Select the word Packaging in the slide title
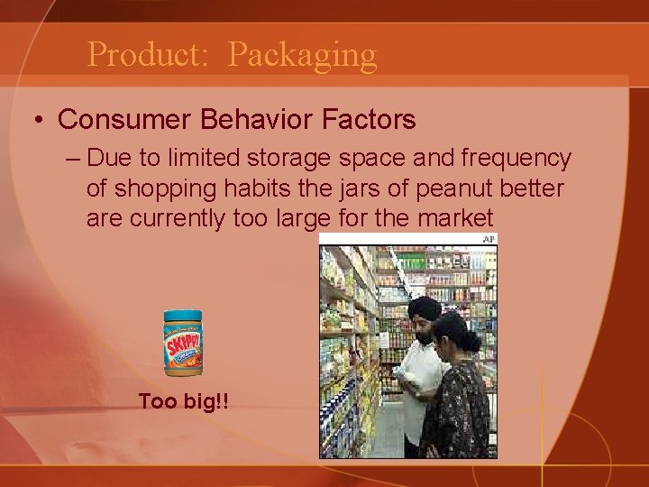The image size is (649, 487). point(302,55)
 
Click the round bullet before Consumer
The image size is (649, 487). point(38,119)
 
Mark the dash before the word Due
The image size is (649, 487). point(72,160)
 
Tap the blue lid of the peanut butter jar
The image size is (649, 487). point(183,315)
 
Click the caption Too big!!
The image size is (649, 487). point(183,400)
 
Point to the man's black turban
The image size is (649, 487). point(424,308)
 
